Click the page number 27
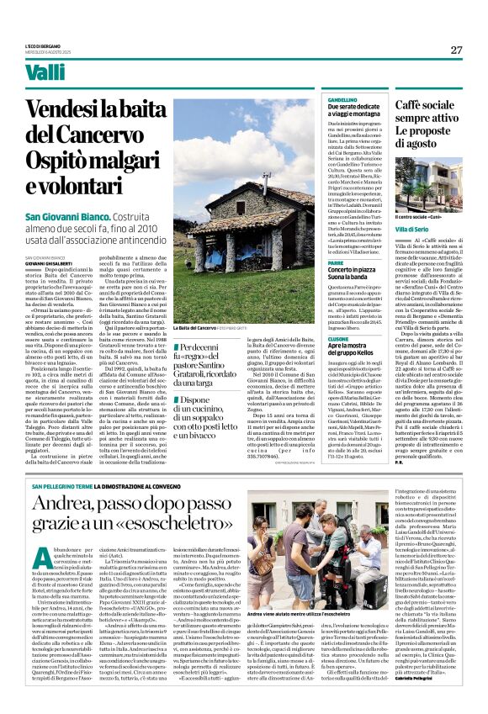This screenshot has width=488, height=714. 456,50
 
